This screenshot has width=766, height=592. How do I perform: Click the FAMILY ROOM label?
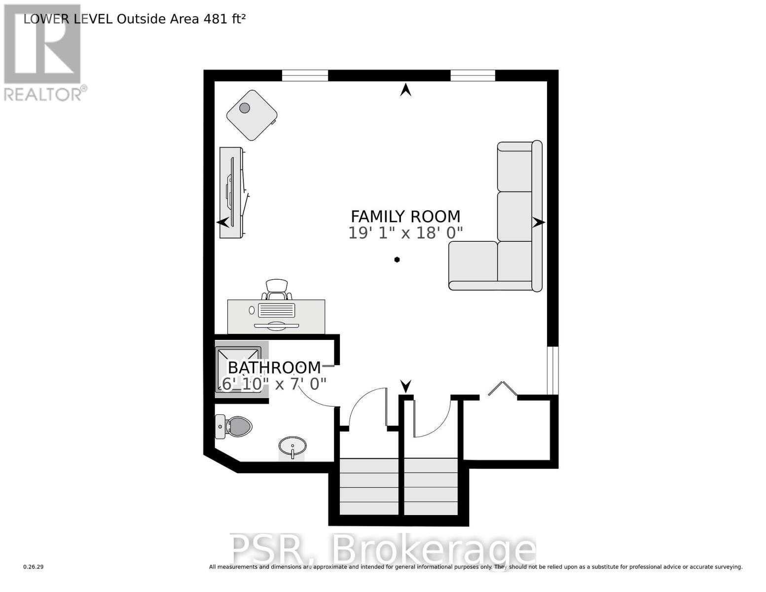405,217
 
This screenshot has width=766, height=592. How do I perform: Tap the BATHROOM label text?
274,368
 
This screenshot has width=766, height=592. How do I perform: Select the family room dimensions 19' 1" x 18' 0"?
405,233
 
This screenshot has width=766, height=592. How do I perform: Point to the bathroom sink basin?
292,446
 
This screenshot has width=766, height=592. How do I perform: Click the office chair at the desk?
277,290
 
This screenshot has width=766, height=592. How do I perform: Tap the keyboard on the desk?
276,310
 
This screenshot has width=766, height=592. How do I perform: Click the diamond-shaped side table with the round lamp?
252,115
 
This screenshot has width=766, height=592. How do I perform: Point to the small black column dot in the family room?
397,259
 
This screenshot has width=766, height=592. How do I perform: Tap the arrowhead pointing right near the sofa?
539,222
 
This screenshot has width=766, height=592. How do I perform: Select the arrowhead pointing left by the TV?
223,222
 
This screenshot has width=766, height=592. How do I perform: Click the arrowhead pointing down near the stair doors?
405,385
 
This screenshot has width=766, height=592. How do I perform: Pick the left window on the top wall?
305,75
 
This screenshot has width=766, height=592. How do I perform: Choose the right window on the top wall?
473,75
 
